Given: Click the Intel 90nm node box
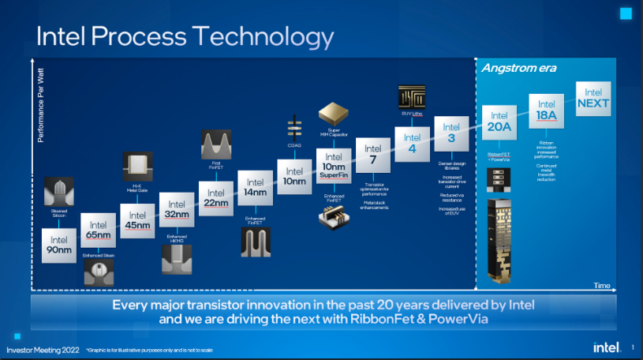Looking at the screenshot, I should point(59,246).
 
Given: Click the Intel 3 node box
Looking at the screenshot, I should point(451,132).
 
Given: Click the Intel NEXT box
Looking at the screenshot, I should point(593,98).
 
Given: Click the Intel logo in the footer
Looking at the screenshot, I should point(605,347).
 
